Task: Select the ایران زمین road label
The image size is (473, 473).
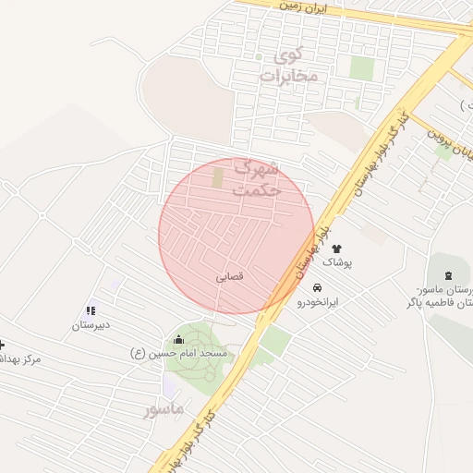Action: tap(320, 6)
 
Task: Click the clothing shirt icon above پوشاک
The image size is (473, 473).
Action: tap(335, 249)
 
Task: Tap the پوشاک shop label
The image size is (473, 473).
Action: tap(336, 263)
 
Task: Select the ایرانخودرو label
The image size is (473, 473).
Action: tap(318, 302)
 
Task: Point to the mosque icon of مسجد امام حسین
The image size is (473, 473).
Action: tap(178, 340)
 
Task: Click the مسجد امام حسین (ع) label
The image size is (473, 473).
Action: tap(184, 355)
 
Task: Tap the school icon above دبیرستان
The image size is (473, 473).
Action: tap(91, 311)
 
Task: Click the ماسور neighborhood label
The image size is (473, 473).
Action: tap(164, 407)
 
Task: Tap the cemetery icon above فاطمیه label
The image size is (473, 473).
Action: tap(449, 275)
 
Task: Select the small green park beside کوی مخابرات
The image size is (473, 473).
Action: tap(361, 68)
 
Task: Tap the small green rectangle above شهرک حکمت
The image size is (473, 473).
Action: tap(218, 175)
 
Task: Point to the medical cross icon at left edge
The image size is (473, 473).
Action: tap(2, 344)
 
